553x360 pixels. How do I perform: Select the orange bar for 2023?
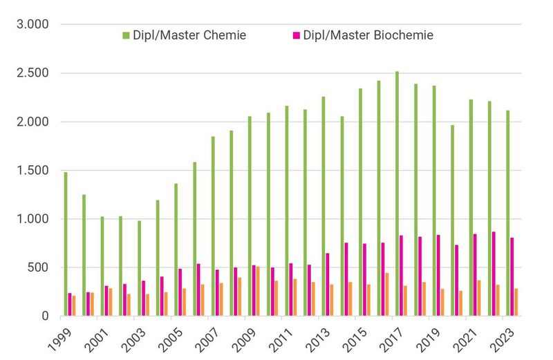coord(516,303)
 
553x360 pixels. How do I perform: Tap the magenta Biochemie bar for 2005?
coord(180,292)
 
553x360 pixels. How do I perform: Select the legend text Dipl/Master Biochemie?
coord(368,35)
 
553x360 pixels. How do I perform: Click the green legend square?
coord(126,35)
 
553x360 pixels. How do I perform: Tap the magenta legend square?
coord(296,35)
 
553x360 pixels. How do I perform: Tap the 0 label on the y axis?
coord(45,316)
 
